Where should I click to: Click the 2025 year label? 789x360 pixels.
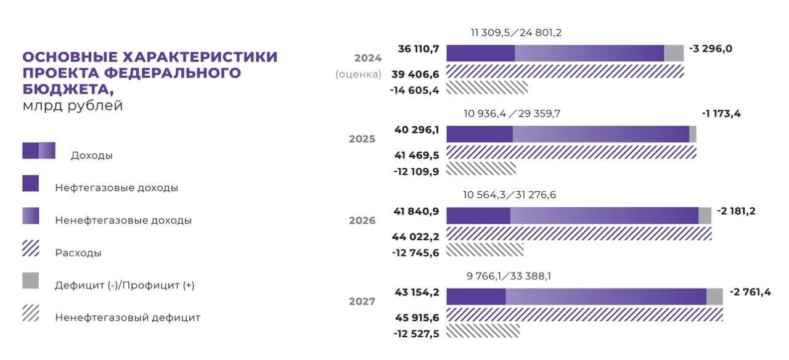click(x=362, y=139)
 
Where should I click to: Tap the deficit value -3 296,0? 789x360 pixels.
click(x=710, y=49)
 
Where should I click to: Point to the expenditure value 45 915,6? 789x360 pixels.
click(x=416, y=317)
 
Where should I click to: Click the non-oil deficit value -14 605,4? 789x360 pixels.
click(x=414, y=90)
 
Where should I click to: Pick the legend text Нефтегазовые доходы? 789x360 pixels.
click(x=117, y=187)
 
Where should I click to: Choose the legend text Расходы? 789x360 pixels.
click(x=78, y=253)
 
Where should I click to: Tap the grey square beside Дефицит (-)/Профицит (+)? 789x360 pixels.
click(x=31, y=281)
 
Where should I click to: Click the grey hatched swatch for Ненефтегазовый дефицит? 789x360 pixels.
click(x=31, y=314)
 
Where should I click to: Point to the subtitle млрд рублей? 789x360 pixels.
click(x=73, y=105)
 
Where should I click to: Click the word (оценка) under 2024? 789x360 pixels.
click(x=358, y=74)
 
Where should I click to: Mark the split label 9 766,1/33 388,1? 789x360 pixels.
click(x=509, y=276)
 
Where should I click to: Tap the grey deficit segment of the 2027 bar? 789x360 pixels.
click(x=714, y=297)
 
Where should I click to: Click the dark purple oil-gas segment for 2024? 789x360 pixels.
click(x=480, y=53)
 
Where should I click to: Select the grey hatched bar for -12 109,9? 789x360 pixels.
click(x=481, y=168)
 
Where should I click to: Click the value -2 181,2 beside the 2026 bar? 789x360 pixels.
click(x=736, y=211)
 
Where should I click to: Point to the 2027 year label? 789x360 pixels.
click(x=362, y=301)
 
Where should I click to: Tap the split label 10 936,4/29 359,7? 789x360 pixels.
click(x=512, y=114)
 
